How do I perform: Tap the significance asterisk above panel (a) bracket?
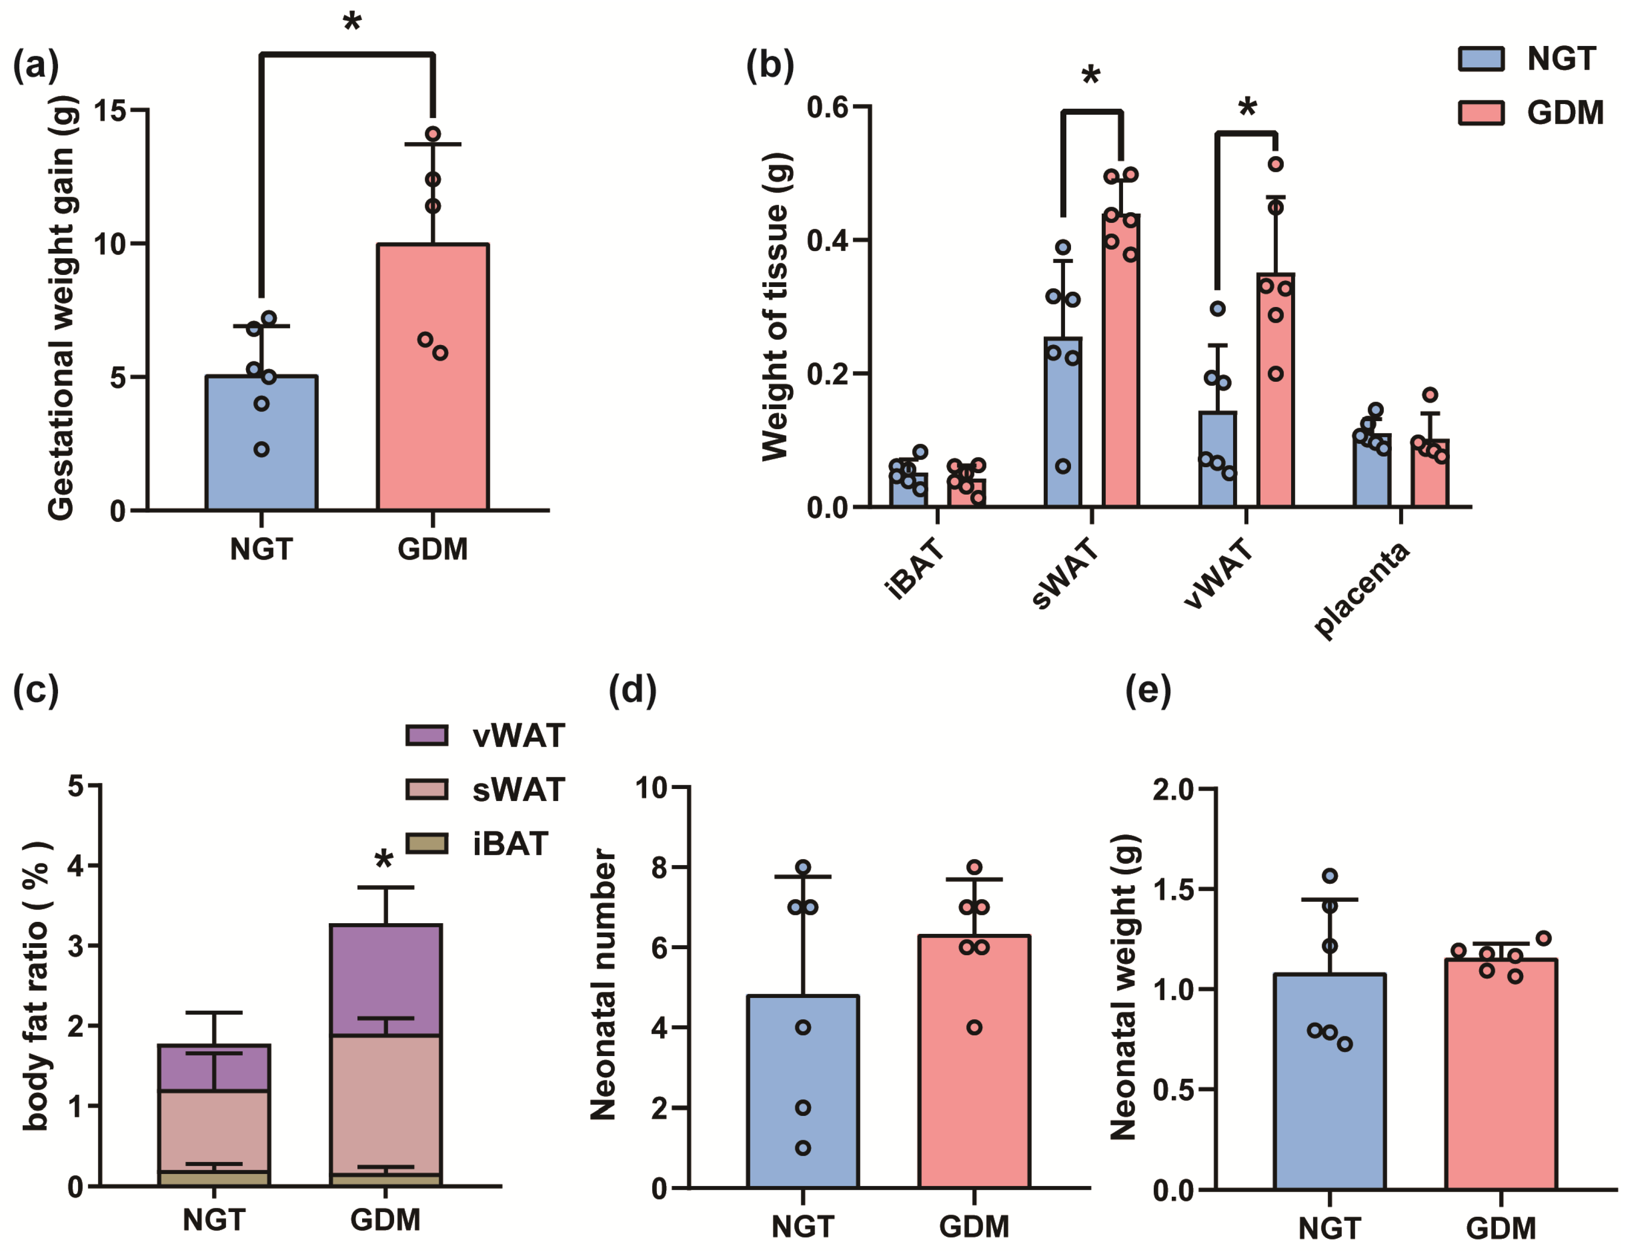pos(351,22)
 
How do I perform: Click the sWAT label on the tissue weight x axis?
pos(1065,575)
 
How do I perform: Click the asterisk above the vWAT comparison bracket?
pos(1247,109)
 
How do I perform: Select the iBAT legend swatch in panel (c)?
pos(426,844)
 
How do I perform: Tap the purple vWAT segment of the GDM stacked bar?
pos(385,980)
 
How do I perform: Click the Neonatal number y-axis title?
pos(602,984)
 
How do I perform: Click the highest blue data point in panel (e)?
pos(1329,876)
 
